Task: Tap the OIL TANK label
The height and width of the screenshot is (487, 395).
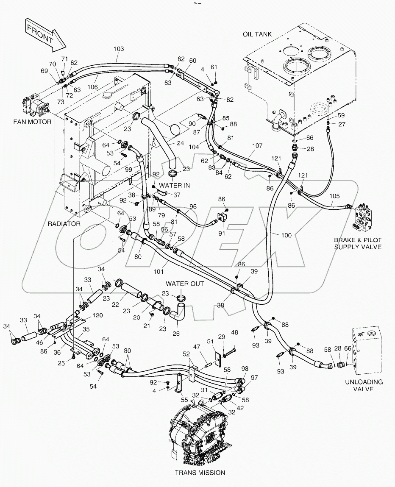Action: coord(257,34)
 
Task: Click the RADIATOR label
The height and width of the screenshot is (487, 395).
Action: coord(64,224)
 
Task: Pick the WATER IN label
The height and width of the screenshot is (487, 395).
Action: coord(174,185)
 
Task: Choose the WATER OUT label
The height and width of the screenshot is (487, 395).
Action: coord(185,284)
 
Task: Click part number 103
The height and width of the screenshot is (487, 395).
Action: coord(119,49)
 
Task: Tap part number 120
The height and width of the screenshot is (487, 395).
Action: coord(98,316)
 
